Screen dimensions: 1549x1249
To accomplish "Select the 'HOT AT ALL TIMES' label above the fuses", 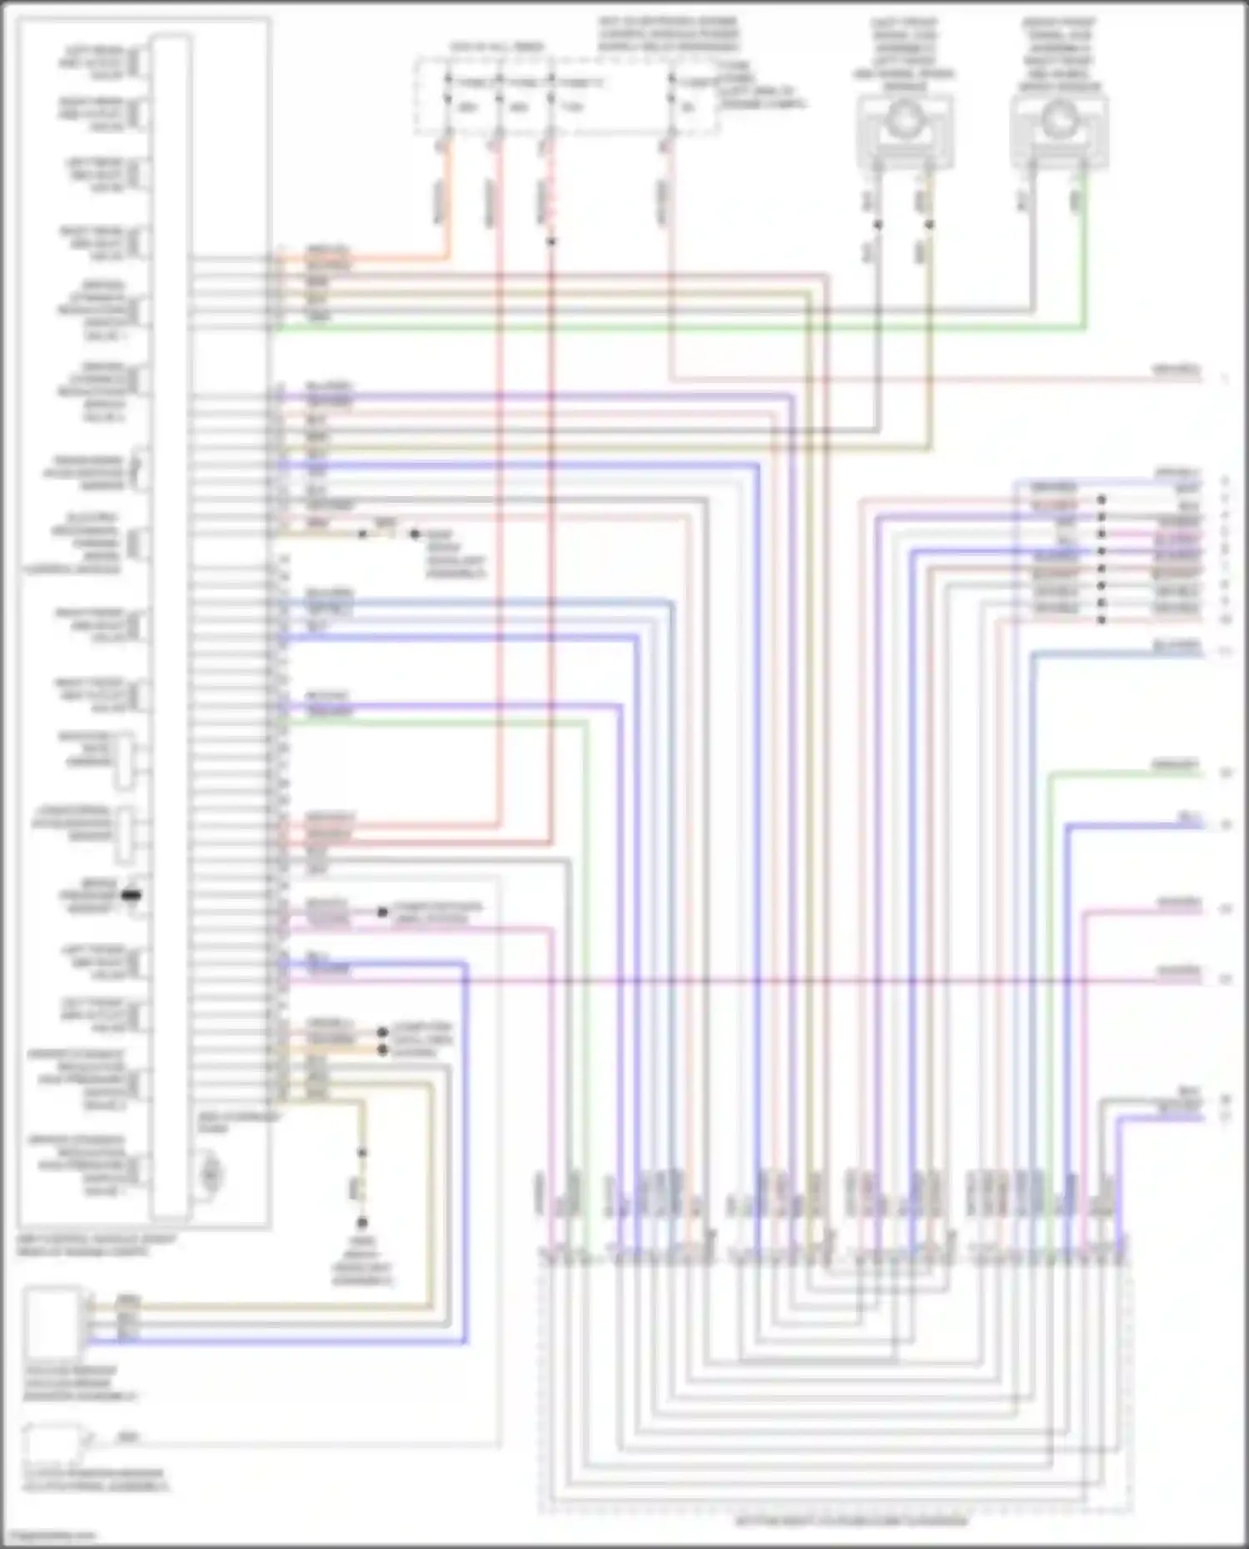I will [x=497, y=47].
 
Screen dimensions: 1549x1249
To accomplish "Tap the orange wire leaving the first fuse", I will [x=443, y=200].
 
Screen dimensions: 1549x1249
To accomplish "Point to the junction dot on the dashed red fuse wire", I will [x=551, y=242].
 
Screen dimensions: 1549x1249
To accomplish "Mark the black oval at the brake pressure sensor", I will [x=131, y=896].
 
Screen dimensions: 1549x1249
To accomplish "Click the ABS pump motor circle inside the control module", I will [x=211, y=1173].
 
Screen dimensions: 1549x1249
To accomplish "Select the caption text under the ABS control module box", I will [x=96, y=1245].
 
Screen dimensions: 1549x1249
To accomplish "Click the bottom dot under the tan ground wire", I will [x=362, y=1223].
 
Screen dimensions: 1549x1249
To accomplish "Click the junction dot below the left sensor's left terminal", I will [x=877, y=225].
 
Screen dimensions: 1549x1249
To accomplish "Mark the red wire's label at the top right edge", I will [x=1176, y=370].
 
